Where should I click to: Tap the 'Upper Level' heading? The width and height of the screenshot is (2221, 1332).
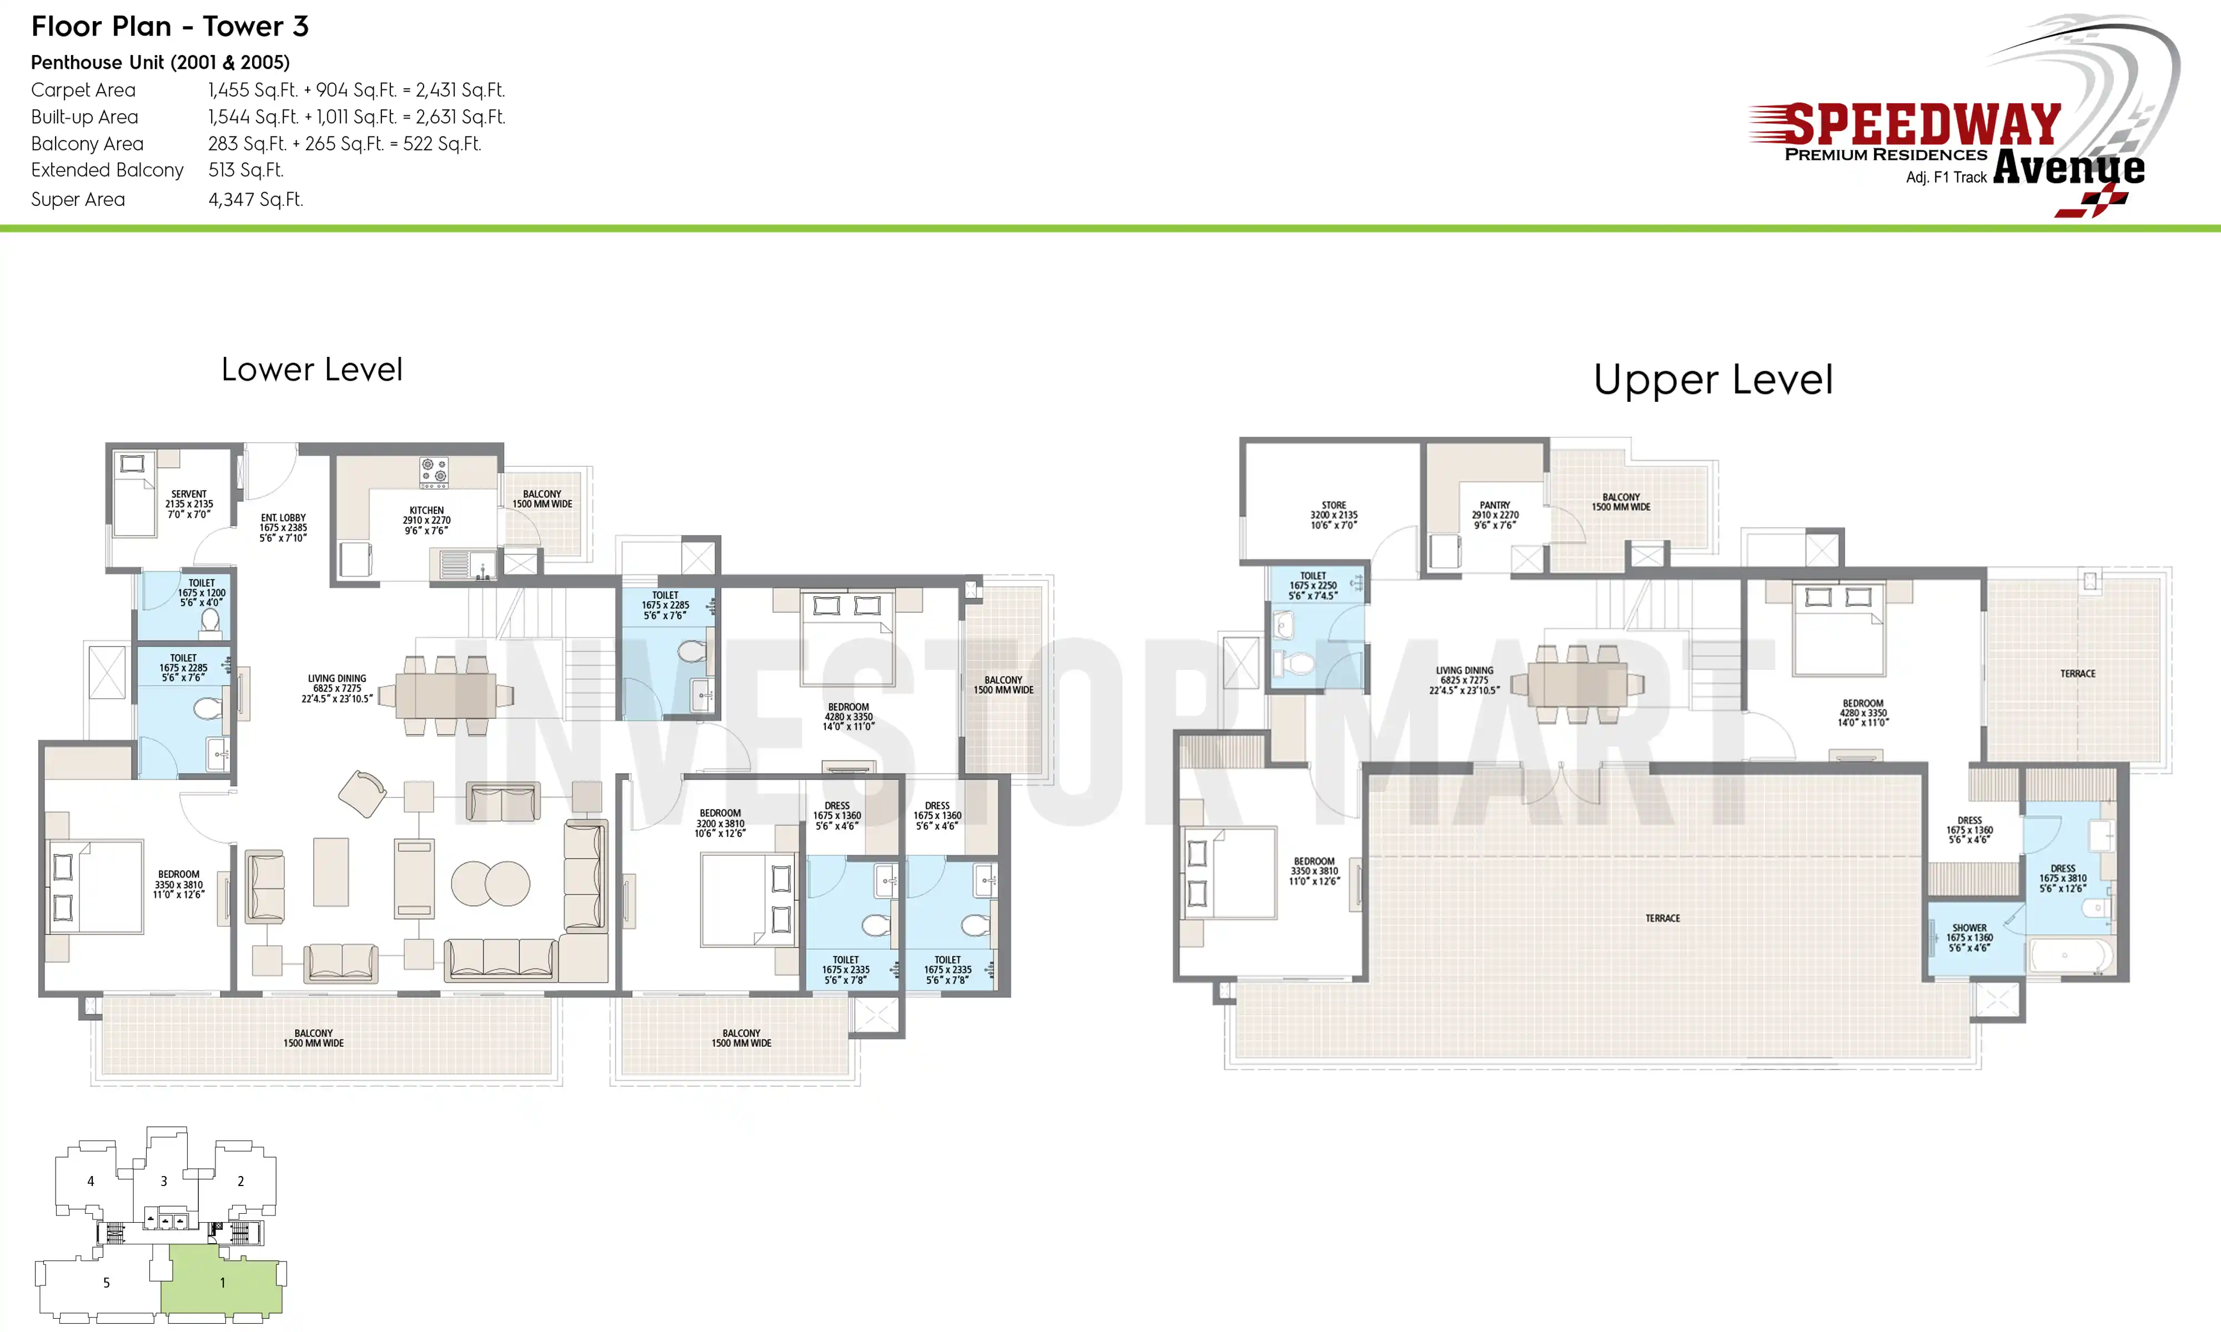pos(1713,380)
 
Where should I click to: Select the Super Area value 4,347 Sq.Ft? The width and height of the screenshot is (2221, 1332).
pos(256,199)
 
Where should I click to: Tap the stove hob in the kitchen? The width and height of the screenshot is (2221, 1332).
pos(434,472)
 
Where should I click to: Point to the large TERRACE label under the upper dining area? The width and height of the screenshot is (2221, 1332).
pos(1662,918)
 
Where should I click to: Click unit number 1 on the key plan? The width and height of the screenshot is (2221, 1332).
pos(223,1283)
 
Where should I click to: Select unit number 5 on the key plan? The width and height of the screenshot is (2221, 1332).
pos(106,1283)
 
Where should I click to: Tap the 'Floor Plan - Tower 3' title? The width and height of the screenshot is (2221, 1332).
pos(170,26)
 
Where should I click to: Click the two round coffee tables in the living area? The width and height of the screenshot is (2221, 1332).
pos(490,883)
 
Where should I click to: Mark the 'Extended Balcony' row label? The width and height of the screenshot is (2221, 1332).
pos(107,170)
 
